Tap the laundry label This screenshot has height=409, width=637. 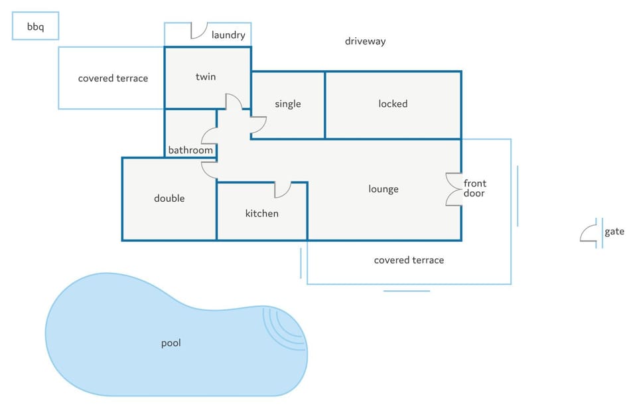pyautogui.click(x=228, y=35)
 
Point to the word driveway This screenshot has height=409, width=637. pyautogui.click(x=365, y=41)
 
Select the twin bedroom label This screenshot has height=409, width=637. pyautogui.click(x=206, y=76)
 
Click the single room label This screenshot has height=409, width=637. pyautogui.click(x=287, y=104)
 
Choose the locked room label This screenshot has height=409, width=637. pyautogui.click(x=393, y=104)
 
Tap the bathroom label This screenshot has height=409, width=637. pyautogui.click(x=190, y=150)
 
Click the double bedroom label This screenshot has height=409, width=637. pyautogui.click(x=169, y=198)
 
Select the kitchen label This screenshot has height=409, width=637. pyautogui.click(x=262, y=213)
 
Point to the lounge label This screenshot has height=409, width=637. pyautogui.click(x=384, y=189)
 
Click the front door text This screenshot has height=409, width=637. pyautogui.click(x=475, y=189)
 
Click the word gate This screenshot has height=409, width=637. pyautogui.click(x=614, y=231)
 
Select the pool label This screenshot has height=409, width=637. pyautogui.click(x=171, y=343)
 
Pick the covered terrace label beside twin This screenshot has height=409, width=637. pyautogui.click(x=113, y=78)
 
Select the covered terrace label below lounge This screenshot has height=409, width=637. pyautogui.click(x=409, y=260)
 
